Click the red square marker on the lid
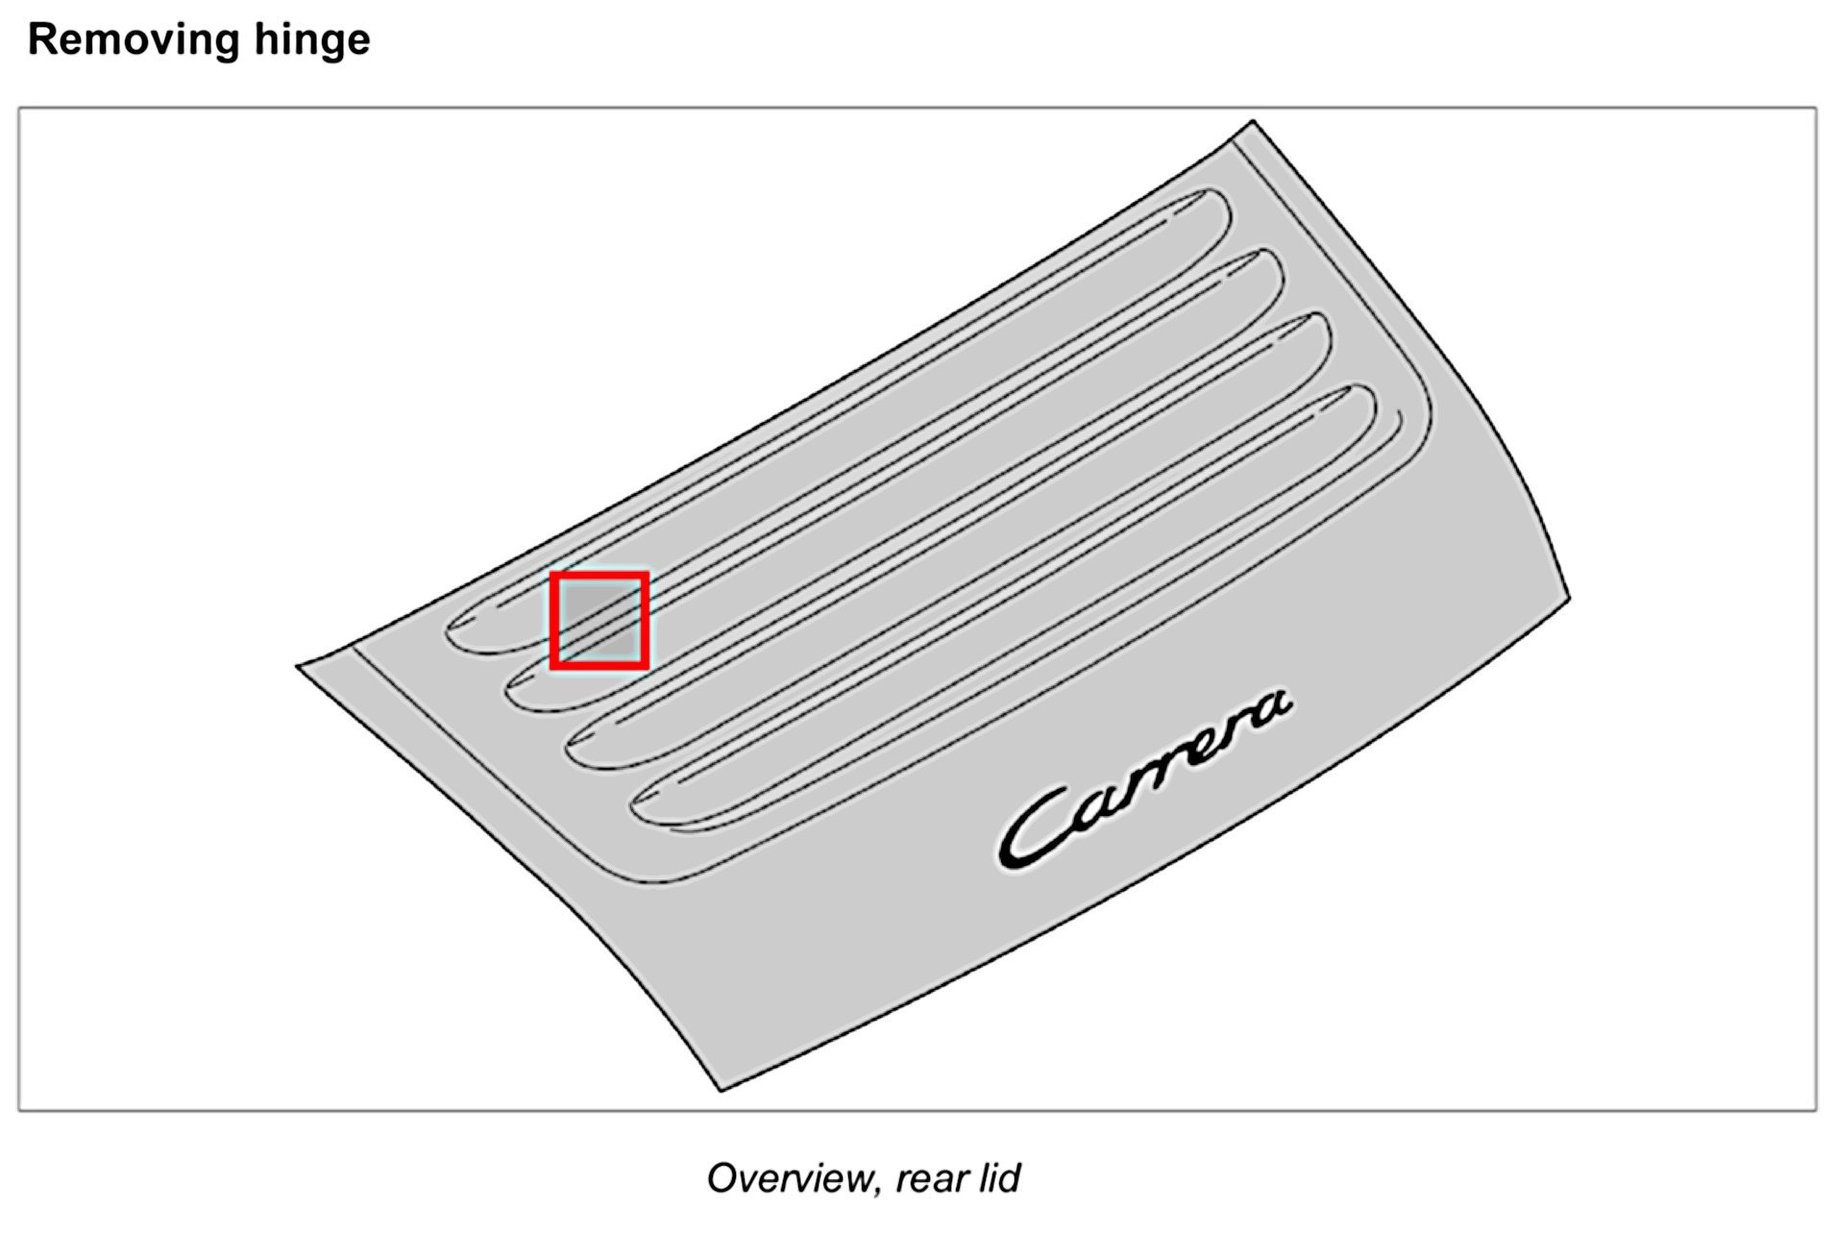point(600,620)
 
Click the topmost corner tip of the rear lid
point(1252,122)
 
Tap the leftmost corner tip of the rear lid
point(299,665)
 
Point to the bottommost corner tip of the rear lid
point(721,1090)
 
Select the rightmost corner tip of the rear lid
point(1569,598)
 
